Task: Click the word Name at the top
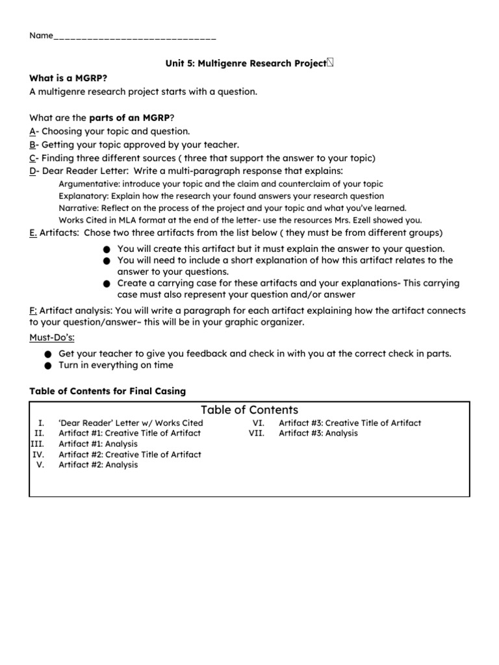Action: pos(40,35)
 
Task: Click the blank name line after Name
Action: pos(134,36)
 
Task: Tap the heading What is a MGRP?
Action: pos(68,78)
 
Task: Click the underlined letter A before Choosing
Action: pos(32,131)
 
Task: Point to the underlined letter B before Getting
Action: pos(32,144)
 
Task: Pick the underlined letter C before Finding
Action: pos(32,158)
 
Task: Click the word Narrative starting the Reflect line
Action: pos(79,208)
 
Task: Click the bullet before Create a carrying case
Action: pos(107,284)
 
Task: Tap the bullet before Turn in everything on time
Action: pos(48,366)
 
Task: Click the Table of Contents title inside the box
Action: pos(249,410)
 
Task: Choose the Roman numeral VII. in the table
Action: pos(257,433)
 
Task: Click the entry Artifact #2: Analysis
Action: pos(98,465)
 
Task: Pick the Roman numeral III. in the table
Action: pos(38,444)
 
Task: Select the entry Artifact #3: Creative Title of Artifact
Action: pos(350,423)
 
